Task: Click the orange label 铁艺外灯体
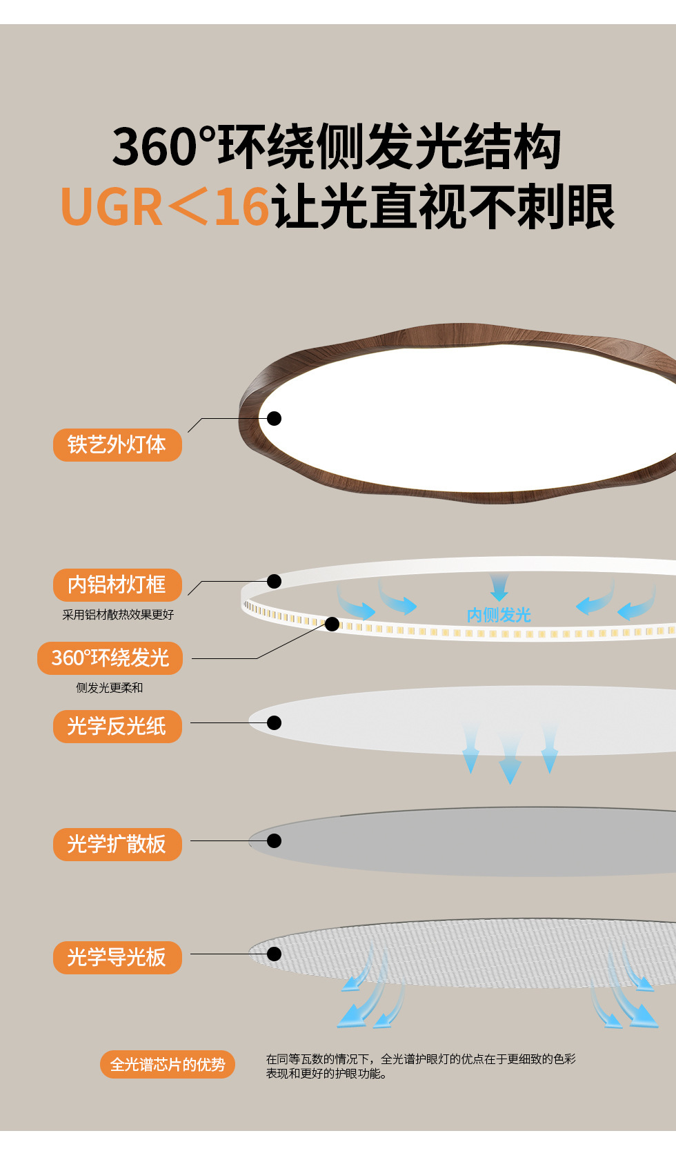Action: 117,445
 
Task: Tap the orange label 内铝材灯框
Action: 117,585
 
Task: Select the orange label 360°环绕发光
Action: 110,658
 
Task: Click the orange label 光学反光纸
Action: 117,727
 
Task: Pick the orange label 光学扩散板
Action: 117,845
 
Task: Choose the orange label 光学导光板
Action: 117,958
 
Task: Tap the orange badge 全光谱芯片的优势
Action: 168,1065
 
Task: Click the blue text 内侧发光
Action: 499,615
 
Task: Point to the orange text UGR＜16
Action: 165,207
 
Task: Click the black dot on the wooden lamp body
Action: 275,418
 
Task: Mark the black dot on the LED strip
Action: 332,624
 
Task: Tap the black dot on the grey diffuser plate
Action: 275,840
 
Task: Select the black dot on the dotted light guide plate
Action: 275,954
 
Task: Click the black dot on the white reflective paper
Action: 275,722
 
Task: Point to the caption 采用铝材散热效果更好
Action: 118,615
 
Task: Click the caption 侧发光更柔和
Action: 110,688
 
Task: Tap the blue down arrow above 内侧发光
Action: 499,587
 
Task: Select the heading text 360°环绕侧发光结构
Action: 337,146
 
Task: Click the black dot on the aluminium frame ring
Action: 275,581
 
